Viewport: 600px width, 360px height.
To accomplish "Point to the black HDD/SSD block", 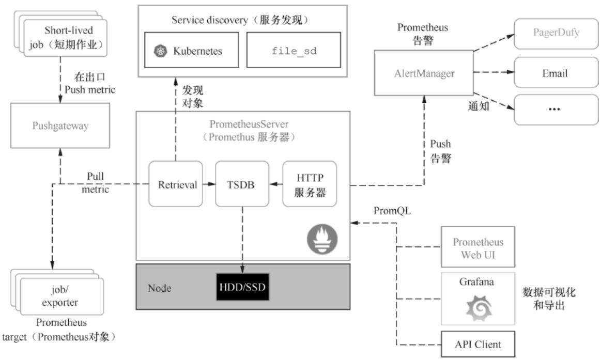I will (242, 287).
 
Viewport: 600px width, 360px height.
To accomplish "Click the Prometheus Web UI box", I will (478, 247).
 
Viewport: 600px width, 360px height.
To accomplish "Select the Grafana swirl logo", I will (477, 308).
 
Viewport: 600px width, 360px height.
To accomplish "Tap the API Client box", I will (478, 342).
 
